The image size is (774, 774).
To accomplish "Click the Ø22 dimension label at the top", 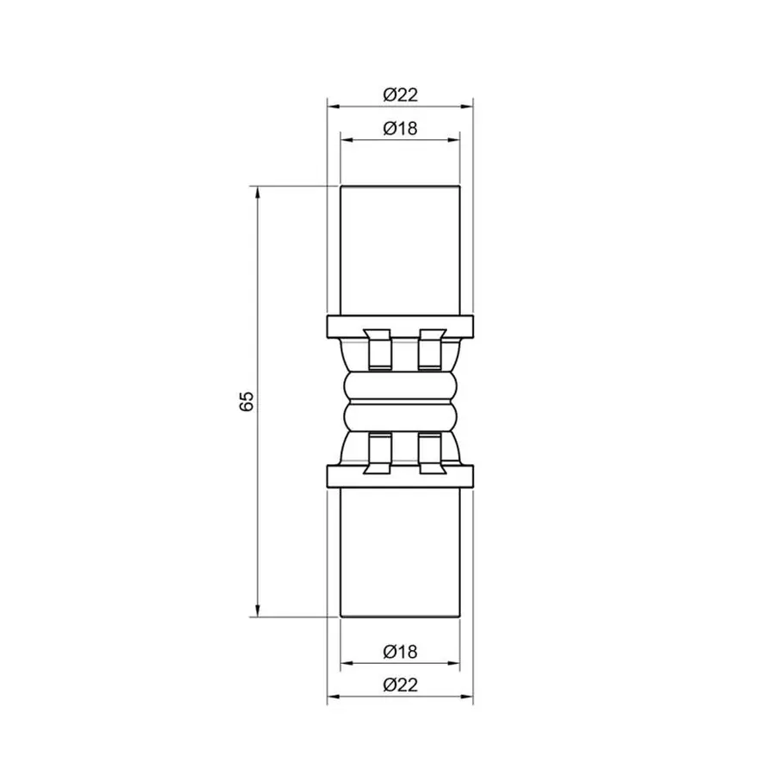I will [400, 94].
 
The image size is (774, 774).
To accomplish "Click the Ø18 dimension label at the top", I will [400, 128].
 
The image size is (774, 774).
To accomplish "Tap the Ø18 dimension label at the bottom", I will [400, 651].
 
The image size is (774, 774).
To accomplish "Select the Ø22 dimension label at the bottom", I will [400, 685].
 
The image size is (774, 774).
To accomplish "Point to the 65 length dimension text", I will [246, 401].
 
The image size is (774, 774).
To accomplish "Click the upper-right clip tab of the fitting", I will [430, 348].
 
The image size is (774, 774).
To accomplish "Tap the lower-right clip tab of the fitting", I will [430, 453].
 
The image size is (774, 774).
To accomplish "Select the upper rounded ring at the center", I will [400, 384].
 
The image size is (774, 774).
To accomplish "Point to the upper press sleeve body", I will [400, 249].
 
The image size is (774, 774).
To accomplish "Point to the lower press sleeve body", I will [400, 550].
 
